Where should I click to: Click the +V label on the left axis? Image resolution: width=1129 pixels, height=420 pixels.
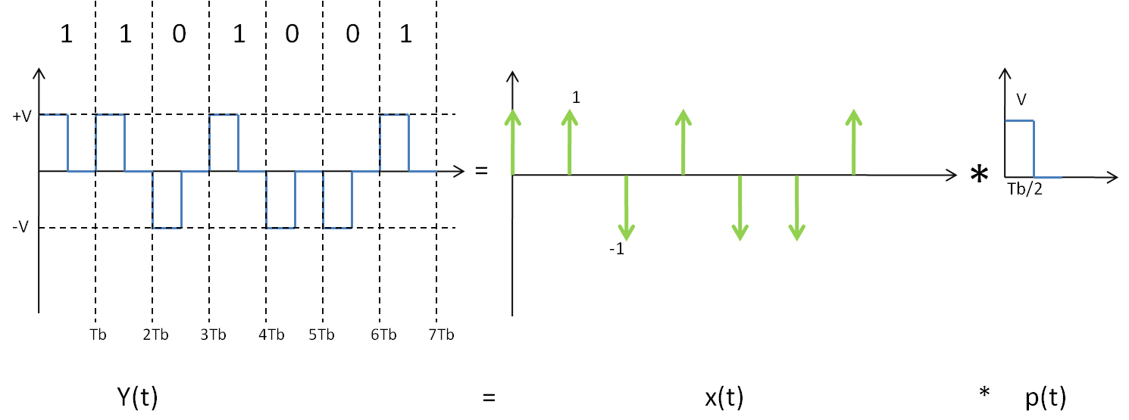(x=22, y=117)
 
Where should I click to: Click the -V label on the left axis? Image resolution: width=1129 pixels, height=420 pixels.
(x=20, y=227)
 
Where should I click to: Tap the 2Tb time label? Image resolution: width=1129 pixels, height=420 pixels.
(x=156, y=334)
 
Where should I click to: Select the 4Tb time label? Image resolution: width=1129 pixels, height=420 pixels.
(x=271, y=334)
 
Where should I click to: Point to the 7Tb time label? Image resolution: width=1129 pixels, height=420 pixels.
(x=442, y=334)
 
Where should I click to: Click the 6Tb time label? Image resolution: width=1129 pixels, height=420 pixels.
(x=383, y=334)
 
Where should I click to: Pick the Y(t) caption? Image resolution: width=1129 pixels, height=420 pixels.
(x=138, y=397)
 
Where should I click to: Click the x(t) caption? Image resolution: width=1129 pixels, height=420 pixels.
(x=724, y=397)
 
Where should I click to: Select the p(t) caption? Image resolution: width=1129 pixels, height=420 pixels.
(x=1046, y=397)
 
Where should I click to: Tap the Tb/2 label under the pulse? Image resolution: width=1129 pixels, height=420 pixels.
(x=1024, y=189)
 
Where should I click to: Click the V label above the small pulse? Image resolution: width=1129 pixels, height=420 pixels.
(x=1021, y=100)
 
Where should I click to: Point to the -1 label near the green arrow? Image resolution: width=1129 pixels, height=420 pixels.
(x=617, y=249)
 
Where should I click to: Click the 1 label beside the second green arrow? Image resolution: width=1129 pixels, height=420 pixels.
(x=576, y=98)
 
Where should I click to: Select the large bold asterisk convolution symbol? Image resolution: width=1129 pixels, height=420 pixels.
(x=979, y=175)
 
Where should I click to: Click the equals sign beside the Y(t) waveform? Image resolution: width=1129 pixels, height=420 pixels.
(x=481, y=171)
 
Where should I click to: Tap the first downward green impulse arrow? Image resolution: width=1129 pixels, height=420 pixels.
(x=627, y=207)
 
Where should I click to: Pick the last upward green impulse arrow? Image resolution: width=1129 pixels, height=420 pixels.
(x=853, y=142)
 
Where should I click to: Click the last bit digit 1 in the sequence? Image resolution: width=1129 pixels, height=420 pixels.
(x=405, y=34)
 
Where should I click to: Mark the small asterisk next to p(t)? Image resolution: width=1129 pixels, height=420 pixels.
(x=984, y=393)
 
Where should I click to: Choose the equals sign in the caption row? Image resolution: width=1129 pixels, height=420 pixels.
(x=489, y=397)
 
